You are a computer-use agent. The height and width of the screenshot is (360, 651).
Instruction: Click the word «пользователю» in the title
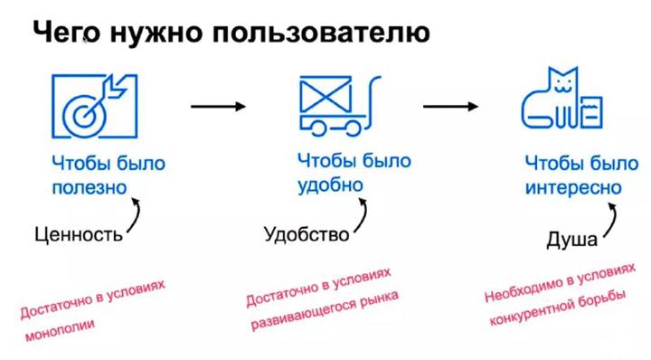click(x=321, y=33)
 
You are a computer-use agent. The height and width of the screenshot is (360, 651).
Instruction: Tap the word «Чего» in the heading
click(x=66, y=33)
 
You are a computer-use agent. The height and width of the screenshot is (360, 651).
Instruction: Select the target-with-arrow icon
click(x=94, y=106)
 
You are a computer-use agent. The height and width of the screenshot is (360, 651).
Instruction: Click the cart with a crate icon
click(x=340, y=106)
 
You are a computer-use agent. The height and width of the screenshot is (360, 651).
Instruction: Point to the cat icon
click(x=561, y=98)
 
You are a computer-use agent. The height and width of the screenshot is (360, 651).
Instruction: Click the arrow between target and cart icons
click(x=218, y=107)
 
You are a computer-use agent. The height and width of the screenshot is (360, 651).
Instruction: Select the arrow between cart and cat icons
click(x=450, y=107)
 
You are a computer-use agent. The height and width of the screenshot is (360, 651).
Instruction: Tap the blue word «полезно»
click(x=90, y=187)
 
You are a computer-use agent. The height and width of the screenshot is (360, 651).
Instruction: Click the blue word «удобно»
click(x=331, y=185)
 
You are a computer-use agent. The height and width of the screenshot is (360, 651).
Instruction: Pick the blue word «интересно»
click(x=573, y=187)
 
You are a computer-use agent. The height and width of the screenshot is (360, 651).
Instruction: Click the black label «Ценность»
click(x=79, y=235)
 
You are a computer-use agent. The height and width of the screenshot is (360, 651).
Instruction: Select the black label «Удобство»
click(x=307, y=234)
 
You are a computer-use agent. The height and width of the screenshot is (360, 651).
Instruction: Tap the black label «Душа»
click(x=571, y=240)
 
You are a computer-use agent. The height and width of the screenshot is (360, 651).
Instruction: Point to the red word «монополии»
click(x=61, y=329)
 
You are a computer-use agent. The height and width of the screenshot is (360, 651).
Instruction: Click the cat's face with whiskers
click(x=563, y=86)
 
